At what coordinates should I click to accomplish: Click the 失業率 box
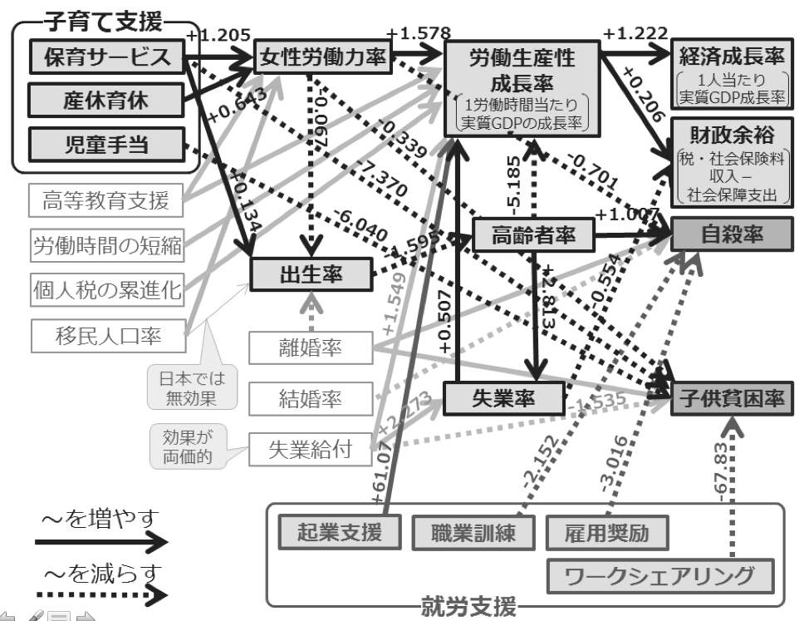click(x=501, y=398)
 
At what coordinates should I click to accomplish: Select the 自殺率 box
click(x=728, y=236)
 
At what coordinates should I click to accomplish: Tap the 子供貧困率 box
click(x=728, y=398)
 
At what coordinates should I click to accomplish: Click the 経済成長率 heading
click(x=728, y=57)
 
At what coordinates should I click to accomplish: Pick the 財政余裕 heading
click(x=728, y=134)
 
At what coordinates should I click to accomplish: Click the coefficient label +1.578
click(x=419, y=34)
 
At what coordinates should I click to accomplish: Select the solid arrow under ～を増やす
click(x=100, y=542)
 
